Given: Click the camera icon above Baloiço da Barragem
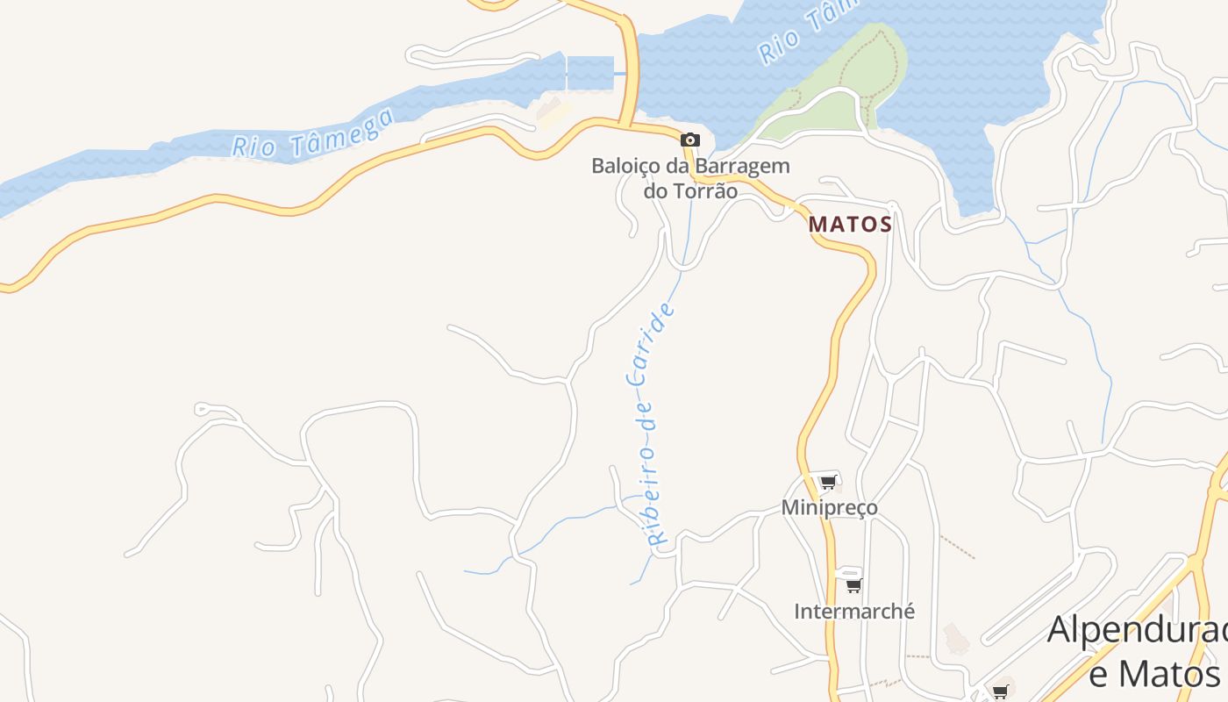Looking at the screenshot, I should point(690,140).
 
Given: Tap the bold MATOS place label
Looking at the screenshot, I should point(850,225).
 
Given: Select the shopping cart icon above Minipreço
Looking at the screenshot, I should point(828,481).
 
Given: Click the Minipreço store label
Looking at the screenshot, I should point(829,507).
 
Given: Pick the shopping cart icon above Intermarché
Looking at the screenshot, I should point(853,584).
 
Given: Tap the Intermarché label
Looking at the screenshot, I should point(853,611).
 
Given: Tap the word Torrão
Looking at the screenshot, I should point(703,190).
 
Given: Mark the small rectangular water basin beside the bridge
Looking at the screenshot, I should point(589,73).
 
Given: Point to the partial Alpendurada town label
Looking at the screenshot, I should point(1137,630).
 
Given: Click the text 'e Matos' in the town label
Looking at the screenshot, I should point(1154,674).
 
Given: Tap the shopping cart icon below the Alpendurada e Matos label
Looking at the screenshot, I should point(1000,691).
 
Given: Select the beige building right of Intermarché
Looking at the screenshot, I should point(956,638).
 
